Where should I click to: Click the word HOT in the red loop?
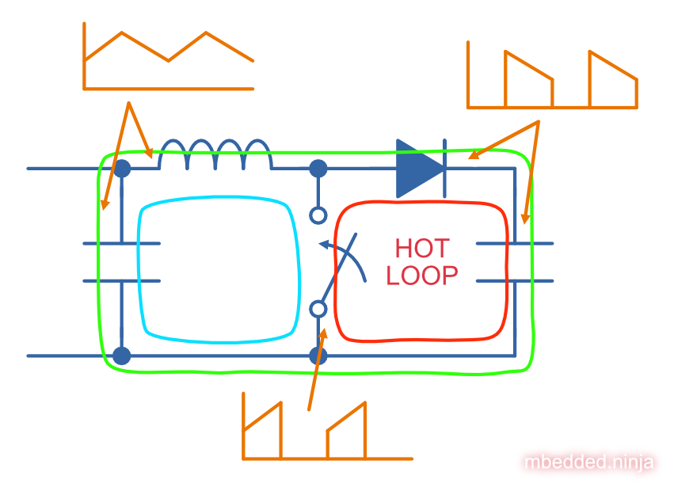click(421, 249)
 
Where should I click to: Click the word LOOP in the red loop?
click(421, 275)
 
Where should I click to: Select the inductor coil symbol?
click(215, 156)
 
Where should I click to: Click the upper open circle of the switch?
click(318, 215)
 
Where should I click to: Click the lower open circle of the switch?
click(318, 308)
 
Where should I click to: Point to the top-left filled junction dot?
click(122, 168)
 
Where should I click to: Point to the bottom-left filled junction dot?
click(121, 356)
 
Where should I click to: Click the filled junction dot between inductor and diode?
click(318, 168)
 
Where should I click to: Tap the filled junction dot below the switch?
click(318, 356)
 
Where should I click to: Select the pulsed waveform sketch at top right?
click(552, 78)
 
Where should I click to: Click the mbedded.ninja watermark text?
click(589, 462)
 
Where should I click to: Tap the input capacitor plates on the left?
click(122, 262)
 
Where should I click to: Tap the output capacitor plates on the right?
click(514, 262)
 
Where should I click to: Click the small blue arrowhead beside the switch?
click(322, 244)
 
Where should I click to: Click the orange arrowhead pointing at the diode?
click(474, 155)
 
